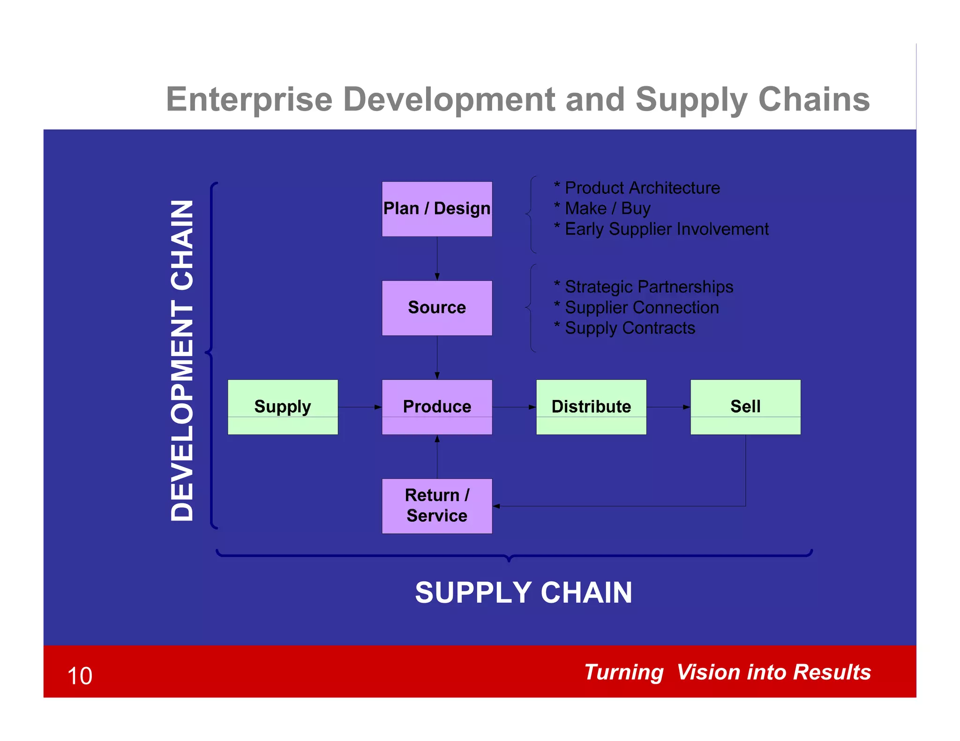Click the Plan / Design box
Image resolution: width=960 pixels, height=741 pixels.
coord(437,209)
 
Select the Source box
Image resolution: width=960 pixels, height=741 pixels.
coord(437,308)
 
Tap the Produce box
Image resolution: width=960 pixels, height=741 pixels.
coord(437,407)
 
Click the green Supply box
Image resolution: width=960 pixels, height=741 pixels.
coord(283,407)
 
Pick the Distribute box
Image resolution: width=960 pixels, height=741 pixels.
coord(591,407)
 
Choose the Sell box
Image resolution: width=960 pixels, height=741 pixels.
coord(745,407)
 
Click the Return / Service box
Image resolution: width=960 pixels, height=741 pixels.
coord(437,506)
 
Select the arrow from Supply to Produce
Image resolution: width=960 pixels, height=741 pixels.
coord(360,407)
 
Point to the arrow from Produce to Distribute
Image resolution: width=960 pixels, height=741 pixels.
coord(514,407)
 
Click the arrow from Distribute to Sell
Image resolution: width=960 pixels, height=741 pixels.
coord(668,407)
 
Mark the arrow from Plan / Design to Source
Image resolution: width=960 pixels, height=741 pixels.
coord(437,258)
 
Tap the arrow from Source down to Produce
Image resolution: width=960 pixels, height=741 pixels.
coord(437,357)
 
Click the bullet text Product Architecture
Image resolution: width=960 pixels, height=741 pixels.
coord(642,188)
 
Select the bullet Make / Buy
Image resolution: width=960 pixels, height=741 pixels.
coord(607,208)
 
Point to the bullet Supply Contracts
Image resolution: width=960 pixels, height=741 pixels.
coord(630,328)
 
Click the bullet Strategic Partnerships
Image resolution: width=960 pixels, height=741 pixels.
coord(648,287)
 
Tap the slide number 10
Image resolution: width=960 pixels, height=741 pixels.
coord(80,676)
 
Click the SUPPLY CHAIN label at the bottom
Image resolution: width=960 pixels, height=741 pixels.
coord(524,593)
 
